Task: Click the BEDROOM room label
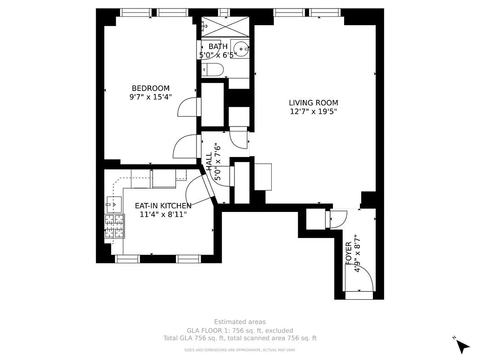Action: (150, 88)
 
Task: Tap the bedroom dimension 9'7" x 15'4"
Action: (150, 97)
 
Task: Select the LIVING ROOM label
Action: (313, 103)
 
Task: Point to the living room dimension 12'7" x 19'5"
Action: (313, 112)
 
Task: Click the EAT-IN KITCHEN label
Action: (163, 206)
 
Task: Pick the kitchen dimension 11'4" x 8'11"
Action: (163, 215)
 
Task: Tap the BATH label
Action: (218, 46)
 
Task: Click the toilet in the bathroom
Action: (213, 70)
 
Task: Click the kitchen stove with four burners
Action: (114, 226)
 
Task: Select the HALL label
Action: (209, 161)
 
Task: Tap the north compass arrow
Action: (462, 346)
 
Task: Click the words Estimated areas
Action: (240, 322)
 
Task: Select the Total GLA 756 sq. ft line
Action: (240, 338)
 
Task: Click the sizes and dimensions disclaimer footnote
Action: (240, 350)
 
